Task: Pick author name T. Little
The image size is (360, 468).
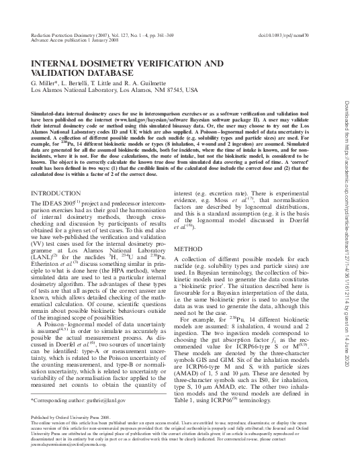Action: point(101,82)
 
